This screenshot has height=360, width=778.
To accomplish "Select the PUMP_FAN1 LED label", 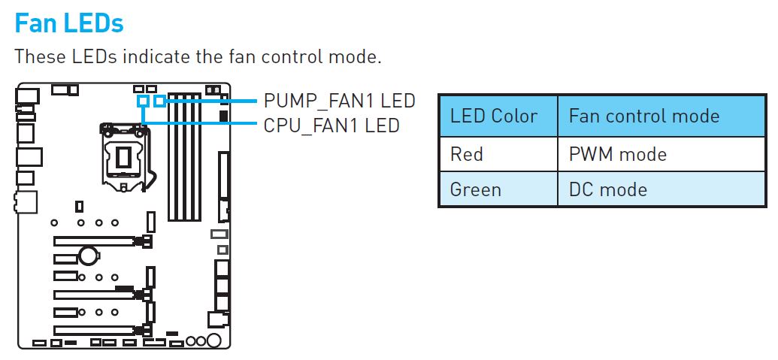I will point(339,101).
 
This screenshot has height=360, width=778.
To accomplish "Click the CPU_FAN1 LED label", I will point(331,125).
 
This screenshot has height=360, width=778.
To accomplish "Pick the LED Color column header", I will point(494,116).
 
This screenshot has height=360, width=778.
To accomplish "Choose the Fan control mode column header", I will point(644,116).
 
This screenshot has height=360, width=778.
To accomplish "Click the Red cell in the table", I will point(467,154).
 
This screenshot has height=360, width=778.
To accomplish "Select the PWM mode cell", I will point(618,154).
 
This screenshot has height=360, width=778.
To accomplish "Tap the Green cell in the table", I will point(476,189).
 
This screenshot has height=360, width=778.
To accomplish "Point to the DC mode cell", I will point(608,189).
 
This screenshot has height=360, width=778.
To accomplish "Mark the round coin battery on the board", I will point(89,256).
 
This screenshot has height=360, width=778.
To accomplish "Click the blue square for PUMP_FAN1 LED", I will point(159,100).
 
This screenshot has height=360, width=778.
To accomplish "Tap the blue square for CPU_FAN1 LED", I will point(142,100).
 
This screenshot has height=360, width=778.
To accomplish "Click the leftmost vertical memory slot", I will point(172,158).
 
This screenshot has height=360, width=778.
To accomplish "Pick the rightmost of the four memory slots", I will point(197,158).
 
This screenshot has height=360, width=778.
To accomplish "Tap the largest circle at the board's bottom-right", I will point(214,342).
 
